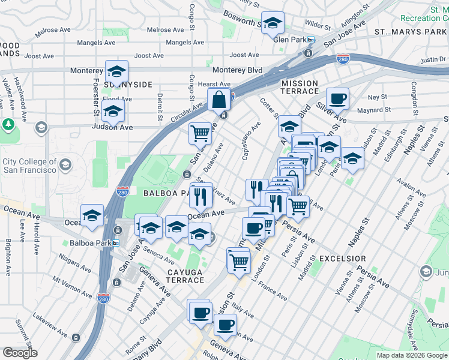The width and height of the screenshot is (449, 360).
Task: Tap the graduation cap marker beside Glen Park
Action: point(273,23)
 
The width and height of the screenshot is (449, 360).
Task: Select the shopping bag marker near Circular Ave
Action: point(220,99)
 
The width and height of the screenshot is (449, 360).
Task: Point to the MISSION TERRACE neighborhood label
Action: point(300,88)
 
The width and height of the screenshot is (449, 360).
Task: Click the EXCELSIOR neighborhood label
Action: point(343,258)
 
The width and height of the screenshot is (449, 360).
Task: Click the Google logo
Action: point(20,353)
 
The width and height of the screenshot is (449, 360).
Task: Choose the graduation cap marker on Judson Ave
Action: point(113,111)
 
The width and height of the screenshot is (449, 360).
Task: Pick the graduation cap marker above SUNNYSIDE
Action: point(116,70)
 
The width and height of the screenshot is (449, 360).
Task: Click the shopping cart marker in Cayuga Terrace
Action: point(238,260)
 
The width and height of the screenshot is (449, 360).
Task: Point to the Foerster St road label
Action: point(95,97)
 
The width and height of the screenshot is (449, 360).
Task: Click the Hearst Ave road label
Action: point(215,85)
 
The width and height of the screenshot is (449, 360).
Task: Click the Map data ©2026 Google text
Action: point(412,355)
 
